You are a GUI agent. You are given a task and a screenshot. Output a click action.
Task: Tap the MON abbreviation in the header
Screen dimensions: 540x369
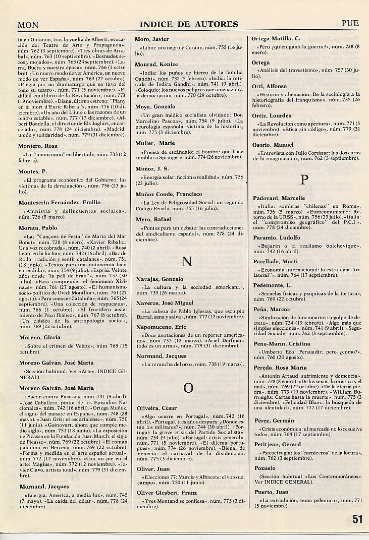[29, 24]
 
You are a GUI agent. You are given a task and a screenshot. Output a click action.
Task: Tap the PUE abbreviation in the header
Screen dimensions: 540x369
[350, 23]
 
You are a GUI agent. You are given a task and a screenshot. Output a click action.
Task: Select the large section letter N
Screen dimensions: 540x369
[187, 261]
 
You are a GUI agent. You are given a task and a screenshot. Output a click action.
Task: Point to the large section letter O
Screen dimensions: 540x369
[188, 387]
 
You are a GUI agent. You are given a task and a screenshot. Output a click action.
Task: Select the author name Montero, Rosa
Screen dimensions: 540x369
[38, 146]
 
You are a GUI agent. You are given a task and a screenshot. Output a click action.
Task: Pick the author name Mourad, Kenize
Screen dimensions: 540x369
[156, 65]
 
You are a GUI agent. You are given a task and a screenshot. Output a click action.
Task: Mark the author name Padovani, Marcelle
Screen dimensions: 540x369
[279, 198]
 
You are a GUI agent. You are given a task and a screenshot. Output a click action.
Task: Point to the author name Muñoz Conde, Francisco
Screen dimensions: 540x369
[168, 194]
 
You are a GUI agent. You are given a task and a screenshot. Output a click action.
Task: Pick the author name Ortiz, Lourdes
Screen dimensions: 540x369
[272, 115]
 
